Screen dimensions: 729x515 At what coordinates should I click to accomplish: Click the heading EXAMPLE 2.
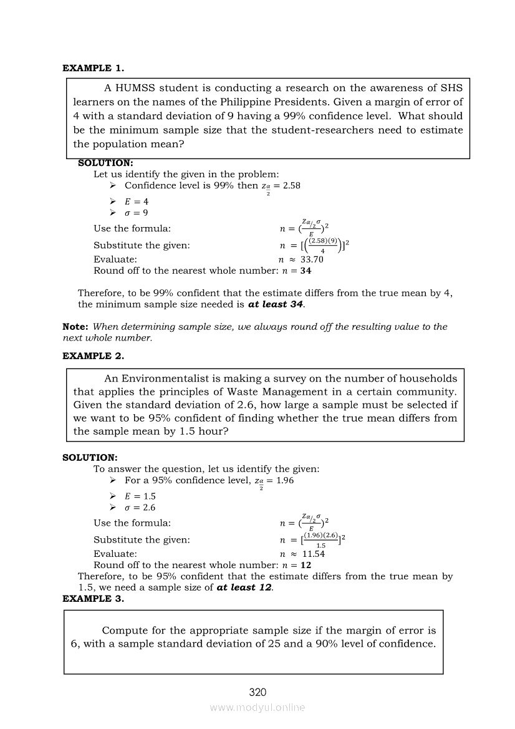(x=93, y=355)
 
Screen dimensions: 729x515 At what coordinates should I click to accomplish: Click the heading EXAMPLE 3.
(x=93, y=598)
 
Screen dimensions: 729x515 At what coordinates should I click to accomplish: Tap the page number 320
(x=257, y=692)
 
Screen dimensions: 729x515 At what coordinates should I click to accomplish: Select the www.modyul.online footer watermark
(x=257, y=707)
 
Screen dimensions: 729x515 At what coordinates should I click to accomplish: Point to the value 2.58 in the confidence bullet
(x=291, y=186)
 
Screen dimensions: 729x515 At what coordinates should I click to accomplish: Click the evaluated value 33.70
(x=312, y=259)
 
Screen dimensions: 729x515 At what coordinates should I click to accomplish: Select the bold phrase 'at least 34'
(x=276, y=304)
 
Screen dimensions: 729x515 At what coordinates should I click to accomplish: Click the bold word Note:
(x=75, y=327)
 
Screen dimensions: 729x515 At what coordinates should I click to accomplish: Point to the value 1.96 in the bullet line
(x=284, y=480)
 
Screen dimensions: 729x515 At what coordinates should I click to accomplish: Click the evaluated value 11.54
(x=313, y=553)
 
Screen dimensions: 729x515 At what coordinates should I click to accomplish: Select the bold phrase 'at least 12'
(x=244, y=587)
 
